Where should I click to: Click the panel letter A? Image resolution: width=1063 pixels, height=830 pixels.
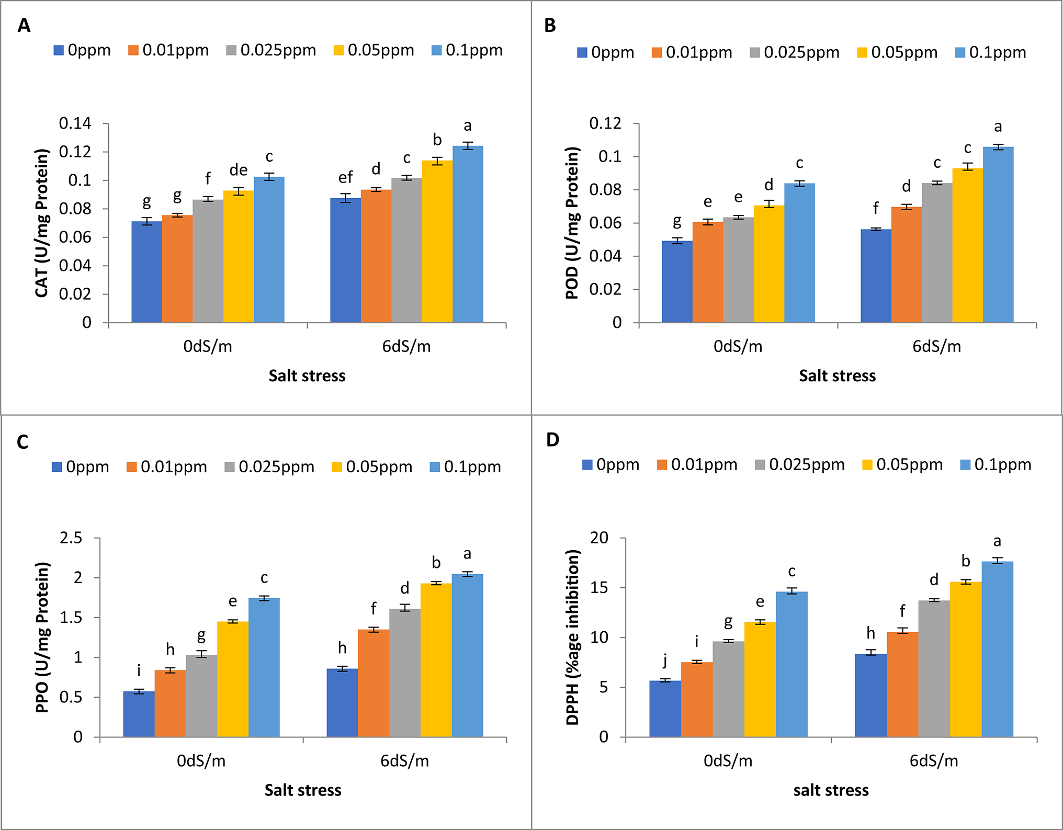click(24, 25)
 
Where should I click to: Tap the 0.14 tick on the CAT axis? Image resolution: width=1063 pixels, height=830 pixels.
click(75, 123)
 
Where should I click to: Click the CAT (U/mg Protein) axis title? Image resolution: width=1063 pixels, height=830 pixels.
click(42, 223)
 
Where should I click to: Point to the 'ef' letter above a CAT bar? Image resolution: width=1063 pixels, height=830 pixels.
click(345, 177)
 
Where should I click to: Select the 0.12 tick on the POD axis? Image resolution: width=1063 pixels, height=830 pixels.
click(605, 123)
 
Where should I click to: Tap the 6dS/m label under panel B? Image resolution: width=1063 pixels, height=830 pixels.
click(936, 346)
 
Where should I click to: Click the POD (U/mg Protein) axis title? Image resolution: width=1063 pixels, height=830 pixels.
click(572, 223)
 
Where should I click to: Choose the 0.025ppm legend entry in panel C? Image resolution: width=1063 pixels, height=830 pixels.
click(269, 467)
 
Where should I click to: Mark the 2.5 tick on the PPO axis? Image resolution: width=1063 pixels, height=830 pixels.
click(71, 538)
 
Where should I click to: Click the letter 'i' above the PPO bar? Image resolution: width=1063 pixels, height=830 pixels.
click(139, 670)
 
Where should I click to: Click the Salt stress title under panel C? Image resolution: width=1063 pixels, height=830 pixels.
click(303, 790)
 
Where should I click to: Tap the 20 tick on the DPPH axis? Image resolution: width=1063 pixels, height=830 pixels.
click(600, 538)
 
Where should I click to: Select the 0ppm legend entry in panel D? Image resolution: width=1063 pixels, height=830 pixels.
click(611, 464)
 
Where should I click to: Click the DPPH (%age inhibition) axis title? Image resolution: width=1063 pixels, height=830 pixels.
click(573, 637)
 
